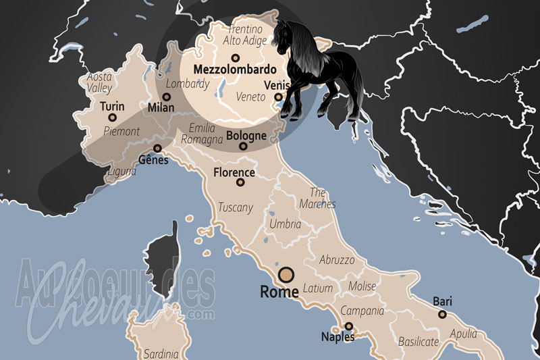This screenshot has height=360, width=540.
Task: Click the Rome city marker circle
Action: point(286,274)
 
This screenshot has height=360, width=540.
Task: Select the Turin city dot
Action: point(112,118)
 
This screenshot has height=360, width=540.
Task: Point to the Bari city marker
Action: point(442,314)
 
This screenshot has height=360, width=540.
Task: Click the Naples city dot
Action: point(349,326)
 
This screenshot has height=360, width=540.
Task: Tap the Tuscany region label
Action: point(235,207)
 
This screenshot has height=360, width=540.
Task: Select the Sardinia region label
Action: point(161,353)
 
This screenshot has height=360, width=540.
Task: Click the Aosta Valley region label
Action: point(100,82)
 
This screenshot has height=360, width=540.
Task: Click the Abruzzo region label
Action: point(336,259)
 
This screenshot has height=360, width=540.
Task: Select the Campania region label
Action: point(362,311)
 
